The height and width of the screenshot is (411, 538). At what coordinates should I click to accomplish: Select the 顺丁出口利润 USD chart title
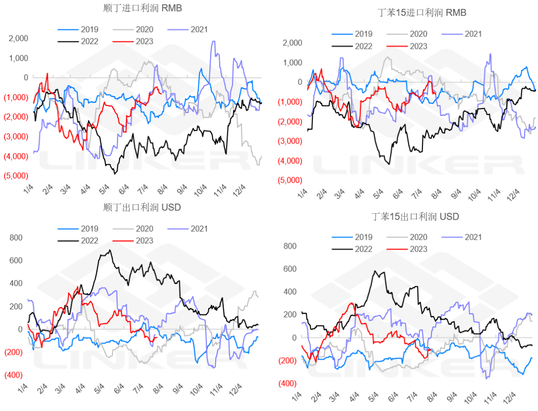142,207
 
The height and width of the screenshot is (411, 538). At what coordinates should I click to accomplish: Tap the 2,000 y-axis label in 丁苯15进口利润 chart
292,43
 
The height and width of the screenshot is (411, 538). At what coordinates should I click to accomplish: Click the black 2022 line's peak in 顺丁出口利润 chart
110,250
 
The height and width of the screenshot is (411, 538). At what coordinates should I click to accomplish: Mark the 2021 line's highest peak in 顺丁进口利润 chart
214,41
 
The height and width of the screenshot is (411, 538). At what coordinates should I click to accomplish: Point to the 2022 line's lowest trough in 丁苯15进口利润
389,163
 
